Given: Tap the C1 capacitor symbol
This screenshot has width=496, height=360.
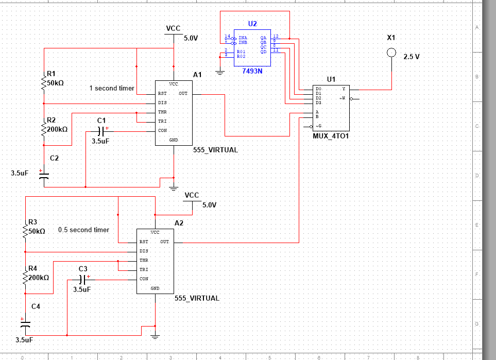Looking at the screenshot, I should coord(101,131).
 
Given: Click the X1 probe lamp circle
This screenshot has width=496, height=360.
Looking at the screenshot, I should coord(391,52).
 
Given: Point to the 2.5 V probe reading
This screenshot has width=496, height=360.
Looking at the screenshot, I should coord(411,57).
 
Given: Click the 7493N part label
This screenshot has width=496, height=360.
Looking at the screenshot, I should coord(252,71).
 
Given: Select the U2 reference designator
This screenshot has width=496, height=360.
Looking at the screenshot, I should coord(252,24).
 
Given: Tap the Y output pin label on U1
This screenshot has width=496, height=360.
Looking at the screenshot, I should coord(344,89).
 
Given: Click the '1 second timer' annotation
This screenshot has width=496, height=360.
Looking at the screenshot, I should coord(112,88).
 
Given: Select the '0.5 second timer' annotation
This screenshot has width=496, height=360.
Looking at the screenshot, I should coord(83,230).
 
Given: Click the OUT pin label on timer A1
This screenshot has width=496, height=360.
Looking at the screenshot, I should coord(183,94).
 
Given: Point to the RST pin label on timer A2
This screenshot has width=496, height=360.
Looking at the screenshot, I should coord(144,242).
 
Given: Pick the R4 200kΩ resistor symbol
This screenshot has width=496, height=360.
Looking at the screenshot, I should coord(25,279).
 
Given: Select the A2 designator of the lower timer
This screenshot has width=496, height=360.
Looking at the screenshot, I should coord(179,222).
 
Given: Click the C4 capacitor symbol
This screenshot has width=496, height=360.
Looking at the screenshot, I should coord(25,325).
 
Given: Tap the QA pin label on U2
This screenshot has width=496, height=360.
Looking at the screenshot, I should coord(263,38).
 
